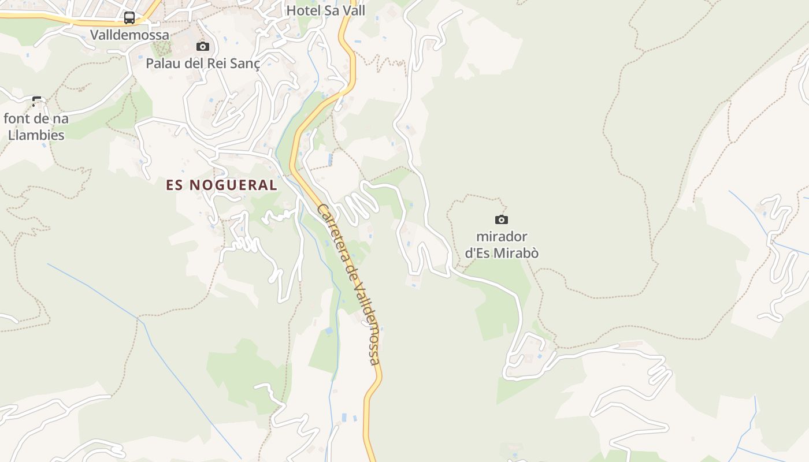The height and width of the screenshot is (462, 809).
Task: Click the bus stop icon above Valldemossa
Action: (129, 18)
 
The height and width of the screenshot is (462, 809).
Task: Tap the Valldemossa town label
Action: (130, 35)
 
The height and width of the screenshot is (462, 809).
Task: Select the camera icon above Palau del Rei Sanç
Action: (203, 46)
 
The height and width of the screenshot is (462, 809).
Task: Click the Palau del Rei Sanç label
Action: (203, 63)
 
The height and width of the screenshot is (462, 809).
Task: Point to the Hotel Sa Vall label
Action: (326, 10)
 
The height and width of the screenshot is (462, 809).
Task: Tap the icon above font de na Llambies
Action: (37, 102)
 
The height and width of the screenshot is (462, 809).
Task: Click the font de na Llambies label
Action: (36, 126)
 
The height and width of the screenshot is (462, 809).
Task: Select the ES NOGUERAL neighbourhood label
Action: (222, 185)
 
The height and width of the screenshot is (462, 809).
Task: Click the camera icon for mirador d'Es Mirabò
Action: (502, 219)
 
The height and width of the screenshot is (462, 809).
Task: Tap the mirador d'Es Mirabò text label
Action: (502, 245)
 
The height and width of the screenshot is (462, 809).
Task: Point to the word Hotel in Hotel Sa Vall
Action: (303, 10)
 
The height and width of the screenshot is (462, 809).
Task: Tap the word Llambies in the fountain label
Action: (36, 135)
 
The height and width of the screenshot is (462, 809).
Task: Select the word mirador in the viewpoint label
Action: (502, 237)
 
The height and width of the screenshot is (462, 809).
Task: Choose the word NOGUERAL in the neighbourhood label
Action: (233, 185)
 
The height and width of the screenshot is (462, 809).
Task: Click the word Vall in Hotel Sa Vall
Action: (354, 10)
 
